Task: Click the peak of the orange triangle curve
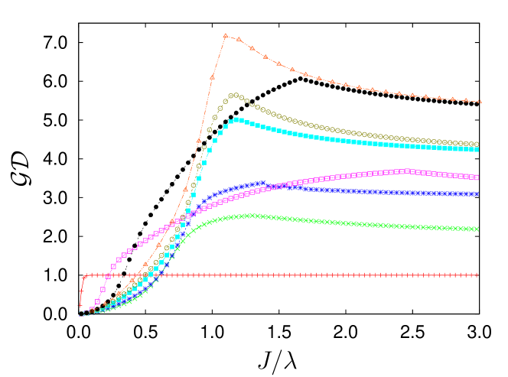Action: (x=225, y=35)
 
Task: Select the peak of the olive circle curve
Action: (x=234, y=96)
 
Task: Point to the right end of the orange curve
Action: (x=480, y=102)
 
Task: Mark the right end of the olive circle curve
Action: (x=477, y=144)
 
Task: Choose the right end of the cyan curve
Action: (x=477, y=149)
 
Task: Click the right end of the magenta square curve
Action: (x=477, y=177)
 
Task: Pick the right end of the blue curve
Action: (x=477, y=194)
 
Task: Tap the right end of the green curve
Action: (x=477, y=229)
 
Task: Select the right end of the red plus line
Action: (x=476, y=275)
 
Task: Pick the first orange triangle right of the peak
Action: (x=239, y=39)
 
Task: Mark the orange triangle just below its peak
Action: (x=213, y=77)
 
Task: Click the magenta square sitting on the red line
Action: (x=108, y=275)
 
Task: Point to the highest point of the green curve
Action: (x=251, y=216)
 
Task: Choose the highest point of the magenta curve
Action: (x=407, y=171)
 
